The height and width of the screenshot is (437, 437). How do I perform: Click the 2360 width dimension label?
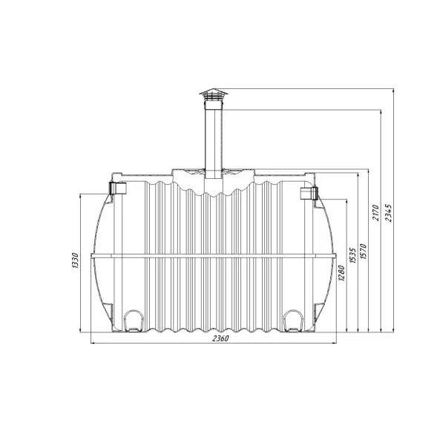pyautogui.click(x=220, y=338)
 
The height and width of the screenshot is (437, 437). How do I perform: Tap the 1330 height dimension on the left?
pyautogui.click(x=75, y=260)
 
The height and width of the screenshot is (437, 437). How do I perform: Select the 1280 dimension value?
pyautogui.click(x=341, y=273)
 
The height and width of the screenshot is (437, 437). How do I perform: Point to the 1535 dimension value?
pyautogui.click(x=352, y=255)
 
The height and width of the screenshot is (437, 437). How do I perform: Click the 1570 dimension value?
pyautogui.click(x=363, y=252)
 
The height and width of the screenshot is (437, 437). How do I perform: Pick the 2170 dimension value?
pyautogui.click(x=375, y=213)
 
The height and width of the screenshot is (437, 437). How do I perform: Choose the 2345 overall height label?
pyautogui.click(x=388, y=213)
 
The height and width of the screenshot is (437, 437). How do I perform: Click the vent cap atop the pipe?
pyautogui.click(x=214, y=94)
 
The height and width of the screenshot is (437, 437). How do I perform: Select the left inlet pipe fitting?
pyautogui.click(x=118, y=188)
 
